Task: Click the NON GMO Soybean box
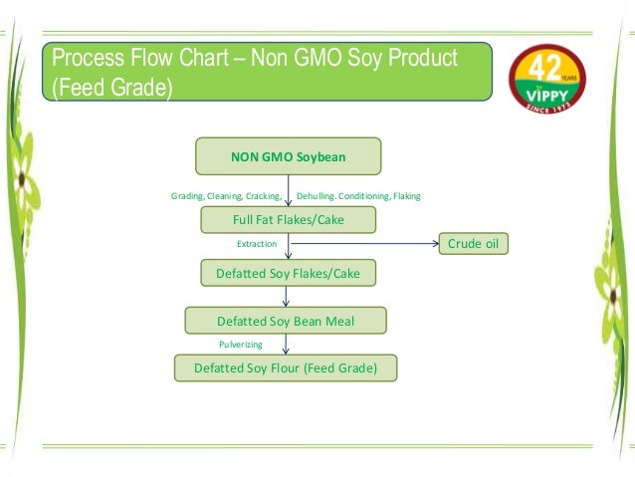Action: point(289,156)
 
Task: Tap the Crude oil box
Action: point(473,244)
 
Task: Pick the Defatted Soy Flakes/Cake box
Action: point(288,272)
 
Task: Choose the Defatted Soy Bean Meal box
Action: point(286,321)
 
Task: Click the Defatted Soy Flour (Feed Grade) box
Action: point(286,368)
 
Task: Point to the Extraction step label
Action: point(257,244)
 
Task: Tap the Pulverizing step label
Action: point(241,345)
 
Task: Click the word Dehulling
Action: point(319,196)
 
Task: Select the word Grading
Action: point(187,196)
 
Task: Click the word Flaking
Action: point(407,196)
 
